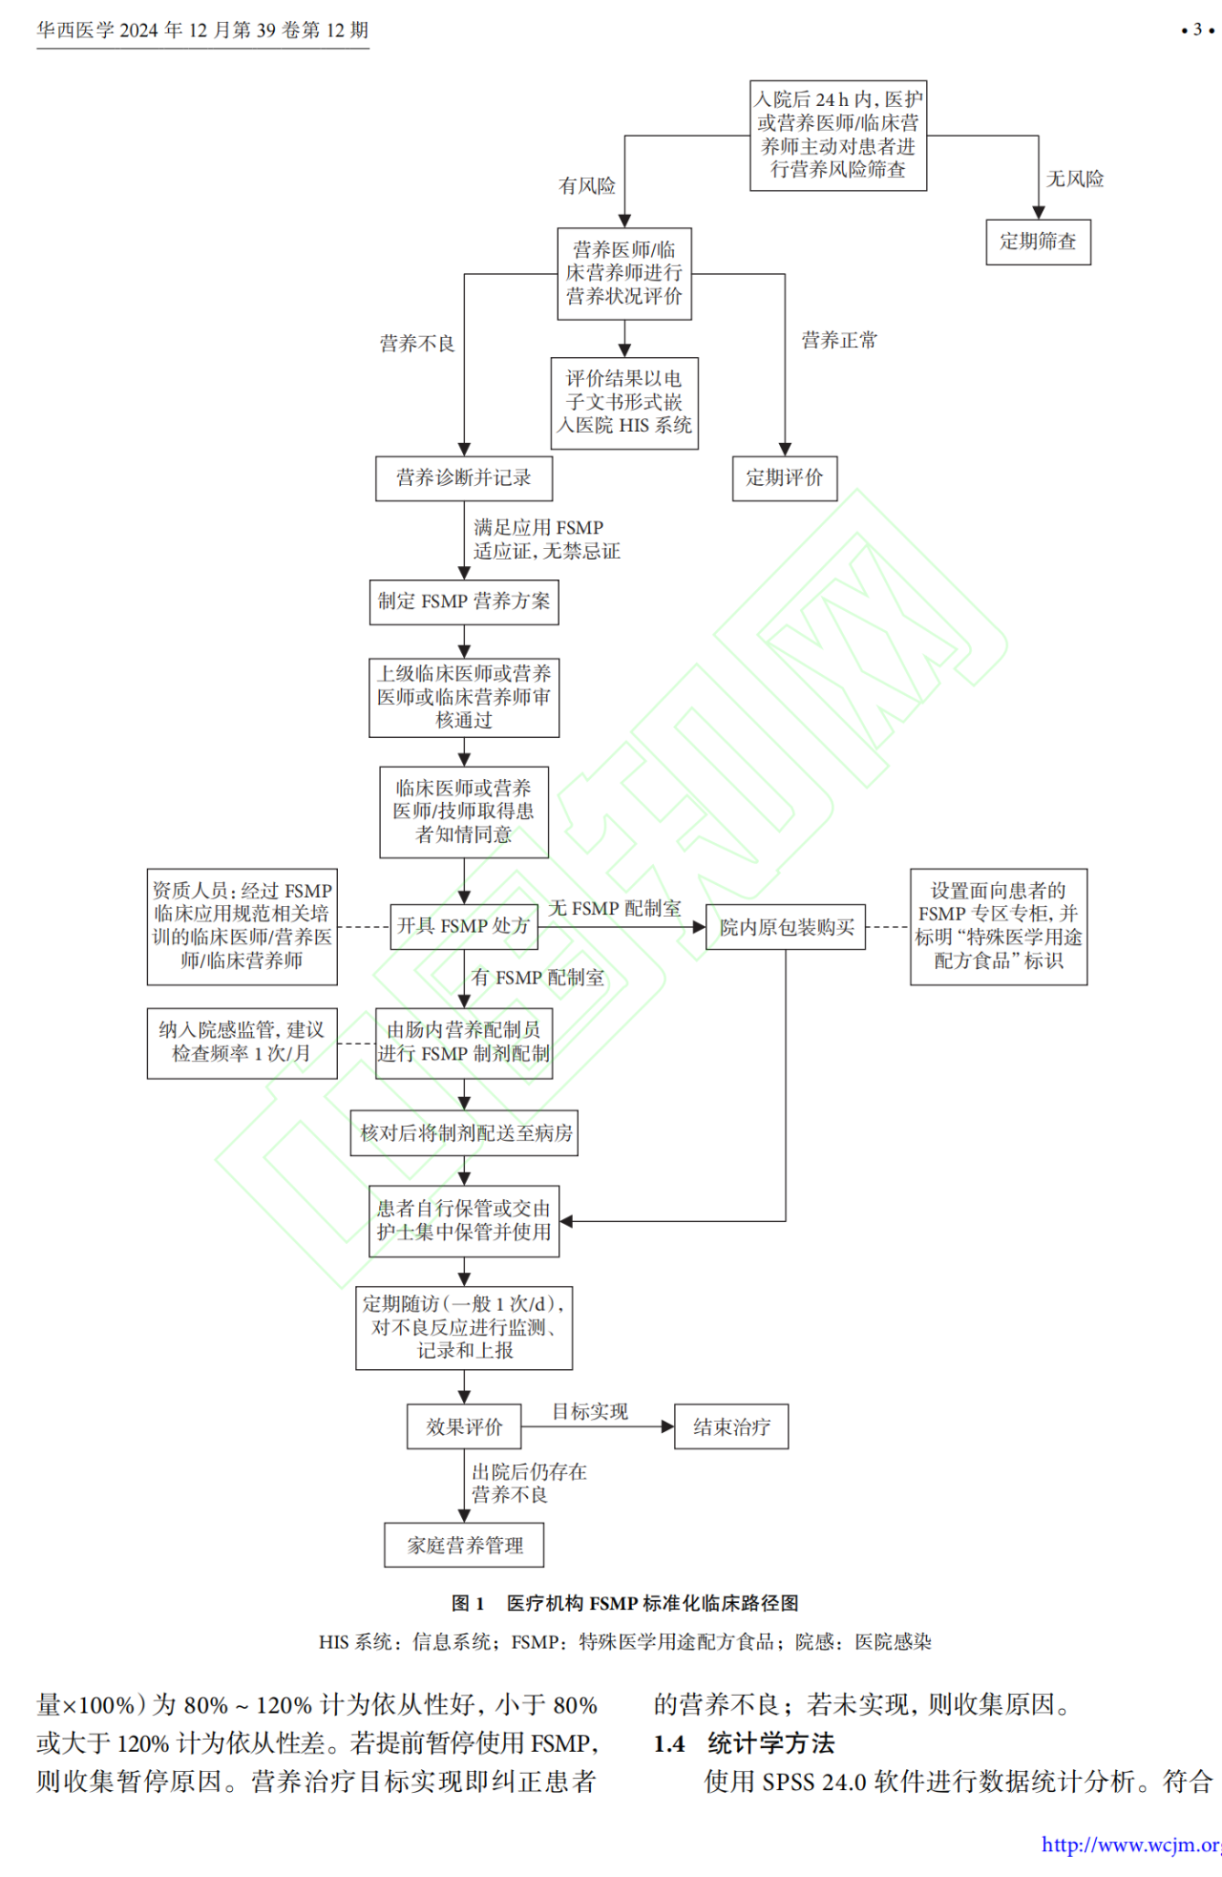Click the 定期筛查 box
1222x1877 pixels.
coord(1038,242)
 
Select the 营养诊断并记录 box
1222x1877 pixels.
coord(464,477)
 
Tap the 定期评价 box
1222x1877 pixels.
coord(785,477)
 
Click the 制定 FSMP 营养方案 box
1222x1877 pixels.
coord(464,601)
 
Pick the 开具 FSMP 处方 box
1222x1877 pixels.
coord(464,926)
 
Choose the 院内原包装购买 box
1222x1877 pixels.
coord(786,927)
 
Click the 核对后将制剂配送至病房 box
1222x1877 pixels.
coord(464,1133)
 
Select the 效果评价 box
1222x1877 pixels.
coord(464,1426)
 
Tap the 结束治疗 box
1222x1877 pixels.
coord(731,1426)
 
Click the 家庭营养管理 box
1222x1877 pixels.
coord(464,1545)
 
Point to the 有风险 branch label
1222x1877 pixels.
coord(587,186)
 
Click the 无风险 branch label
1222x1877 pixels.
coord(1075,179)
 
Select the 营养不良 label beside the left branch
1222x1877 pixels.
coord(417,344)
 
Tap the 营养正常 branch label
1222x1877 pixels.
coord(839,340)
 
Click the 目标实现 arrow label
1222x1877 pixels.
coord(590,1411)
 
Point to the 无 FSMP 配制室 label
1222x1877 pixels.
coord(615,909)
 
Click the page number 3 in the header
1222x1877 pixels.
coord(1197,30)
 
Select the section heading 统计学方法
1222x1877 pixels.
coord(770,1743)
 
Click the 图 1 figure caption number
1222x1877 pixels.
coord(468,1603)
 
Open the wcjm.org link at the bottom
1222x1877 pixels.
coord(1130,1845)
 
